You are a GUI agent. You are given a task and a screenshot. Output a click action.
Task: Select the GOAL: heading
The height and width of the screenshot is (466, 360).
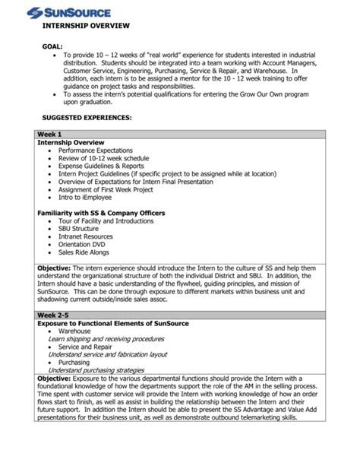click(52, 46)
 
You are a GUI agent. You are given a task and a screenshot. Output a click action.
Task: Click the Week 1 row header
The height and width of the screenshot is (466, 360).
click(50, 134)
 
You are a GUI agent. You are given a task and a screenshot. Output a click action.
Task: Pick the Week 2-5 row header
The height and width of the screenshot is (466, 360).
click(55, 314)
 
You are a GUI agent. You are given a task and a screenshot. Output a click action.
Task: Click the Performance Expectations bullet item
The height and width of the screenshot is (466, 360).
click(95, 151)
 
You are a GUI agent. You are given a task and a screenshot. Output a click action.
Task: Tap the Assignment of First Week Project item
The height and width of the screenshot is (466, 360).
click(110, 191)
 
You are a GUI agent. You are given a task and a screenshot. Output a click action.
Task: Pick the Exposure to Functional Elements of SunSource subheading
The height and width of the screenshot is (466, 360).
click(113, 323)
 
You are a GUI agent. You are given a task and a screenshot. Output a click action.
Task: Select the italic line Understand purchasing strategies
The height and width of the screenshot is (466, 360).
click(96, 370)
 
